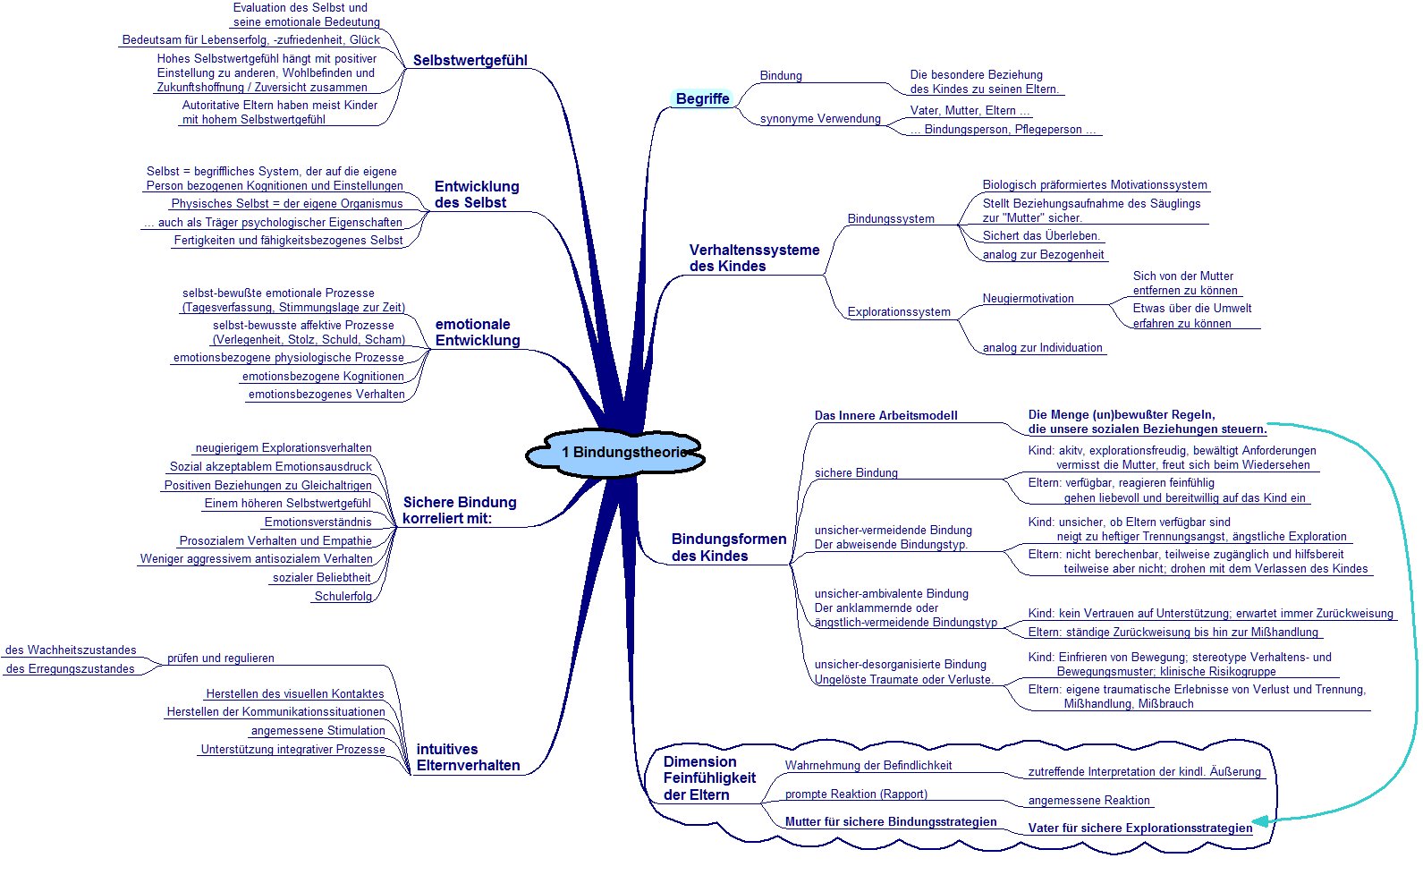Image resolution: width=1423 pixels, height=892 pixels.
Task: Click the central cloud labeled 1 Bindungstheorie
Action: point(615,453)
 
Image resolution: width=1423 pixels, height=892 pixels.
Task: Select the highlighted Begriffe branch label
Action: point(702,98)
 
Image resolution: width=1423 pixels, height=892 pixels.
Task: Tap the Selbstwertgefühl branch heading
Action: point(470,60)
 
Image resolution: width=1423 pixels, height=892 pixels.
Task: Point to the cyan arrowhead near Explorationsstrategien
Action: point(1260,821)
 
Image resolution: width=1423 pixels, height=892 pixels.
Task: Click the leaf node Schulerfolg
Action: point(343,596)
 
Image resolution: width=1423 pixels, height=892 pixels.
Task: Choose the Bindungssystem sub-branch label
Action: point(891,218)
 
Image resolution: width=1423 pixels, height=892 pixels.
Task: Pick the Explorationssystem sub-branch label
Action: point(899,312)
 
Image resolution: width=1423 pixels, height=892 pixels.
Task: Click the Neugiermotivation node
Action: point(1028,298)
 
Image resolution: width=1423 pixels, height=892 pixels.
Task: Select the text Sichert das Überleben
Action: point(1041,235)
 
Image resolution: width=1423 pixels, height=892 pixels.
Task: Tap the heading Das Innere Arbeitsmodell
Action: point(885,415)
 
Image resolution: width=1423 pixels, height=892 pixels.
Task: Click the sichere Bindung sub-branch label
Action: point(856,472)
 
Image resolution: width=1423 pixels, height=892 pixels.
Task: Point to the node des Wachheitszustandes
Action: point(71,650)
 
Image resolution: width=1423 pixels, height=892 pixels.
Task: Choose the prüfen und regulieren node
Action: point(220,658)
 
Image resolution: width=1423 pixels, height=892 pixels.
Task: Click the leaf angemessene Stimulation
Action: point(318,731)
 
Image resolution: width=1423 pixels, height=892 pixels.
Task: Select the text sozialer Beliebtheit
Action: point(321,577)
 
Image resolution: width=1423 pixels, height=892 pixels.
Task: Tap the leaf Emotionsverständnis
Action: point(318,522)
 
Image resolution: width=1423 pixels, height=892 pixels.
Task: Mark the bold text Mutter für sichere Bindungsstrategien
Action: point(891,821)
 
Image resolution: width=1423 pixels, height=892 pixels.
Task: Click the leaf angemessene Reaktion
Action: point(1088,801)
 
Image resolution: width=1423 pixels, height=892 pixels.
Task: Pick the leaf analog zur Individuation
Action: point(1043,347)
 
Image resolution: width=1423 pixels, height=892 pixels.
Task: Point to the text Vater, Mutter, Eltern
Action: point(970,111)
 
